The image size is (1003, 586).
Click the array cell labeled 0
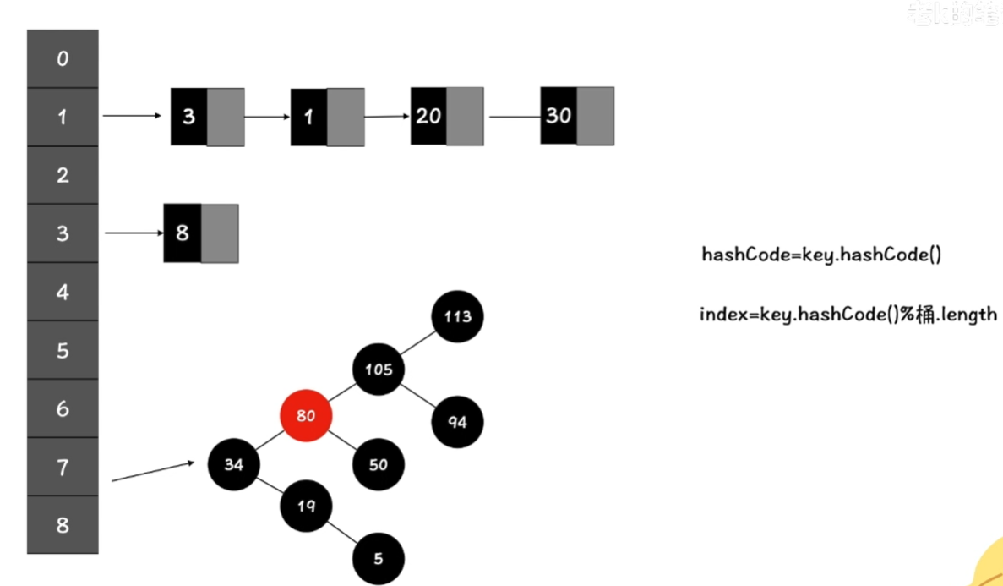click(x=63, y=59)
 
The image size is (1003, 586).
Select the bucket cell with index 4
click(x=63, y=293)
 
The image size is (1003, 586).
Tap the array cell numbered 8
click(x=63, y=525)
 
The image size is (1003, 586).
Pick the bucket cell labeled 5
click(x=63, y=350)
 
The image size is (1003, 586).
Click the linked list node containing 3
click(x=207, y=117)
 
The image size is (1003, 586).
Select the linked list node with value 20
click(x=447, y=116)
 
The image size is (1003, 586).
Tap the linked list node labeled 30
click(x=577, y=116)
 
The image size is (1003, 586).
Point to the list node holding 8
click(x=201, y=233)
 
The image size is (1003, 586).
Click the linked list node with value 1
click(x=327, y=117)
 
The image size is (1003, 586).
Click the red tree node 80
click(x=306, y=416)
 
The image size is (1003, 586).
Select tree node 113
click(x=457, y=317)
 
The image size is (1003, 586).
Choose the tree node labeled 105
click(x=379, y=370)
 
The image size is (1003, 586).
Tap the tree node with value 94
click(x=457, y=422)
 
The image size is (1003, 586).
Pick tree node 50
click(x=379, y=465)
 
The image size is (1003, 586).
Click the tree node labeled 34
click(x=234, y=463)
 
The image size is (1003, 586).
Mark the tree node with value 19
click(x=306, y=506)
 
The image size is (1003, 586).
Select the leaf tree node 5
click(x=379, y=558)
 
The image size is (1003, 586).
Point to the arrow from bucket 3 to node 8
click(x=134, y=233)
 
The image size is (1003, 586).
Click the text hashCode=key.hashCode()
click(x=820, y=255)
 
